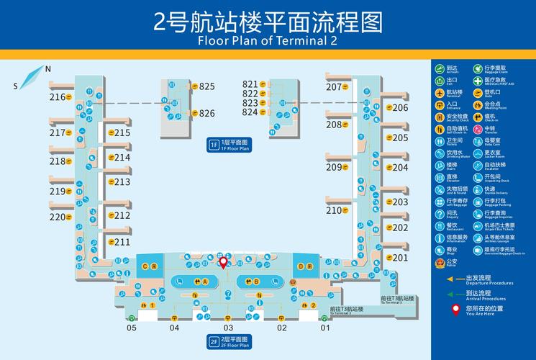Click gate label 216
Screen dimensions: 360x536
[58, 97]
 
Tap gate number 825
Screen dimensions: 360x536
[207, 86]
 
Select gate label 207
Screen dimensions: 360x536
[334, 87]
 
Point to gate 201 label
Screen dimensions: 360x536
[400, 257]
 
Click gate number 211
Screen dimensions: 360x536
[122, 242]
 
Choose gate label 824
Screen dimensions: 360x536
[250, 112]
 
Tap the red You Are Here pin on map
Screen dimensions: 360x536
[223, 262]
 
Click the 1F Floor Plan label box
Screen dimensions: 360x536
[230, 145]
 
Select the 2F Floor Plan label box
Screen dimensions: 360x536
[230, 341]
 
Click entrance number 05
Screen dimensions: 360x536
[132, 328]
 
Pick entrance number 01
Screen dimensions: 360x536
[325, 328]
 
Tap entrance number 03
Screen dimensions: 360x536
[229, 328]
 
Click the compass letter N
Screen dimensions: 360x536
[48, 69]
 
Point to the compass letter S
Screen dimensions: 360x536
[15, 86]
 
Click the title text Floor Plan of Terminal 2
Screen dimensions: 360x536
[268, 40]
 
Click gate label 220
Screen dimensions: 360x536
[58, 217]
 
